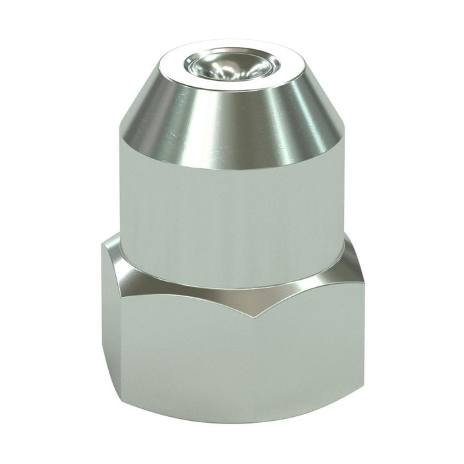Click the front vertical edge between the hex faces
[253, 358]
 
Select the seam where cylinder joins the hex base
[232, 268]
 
